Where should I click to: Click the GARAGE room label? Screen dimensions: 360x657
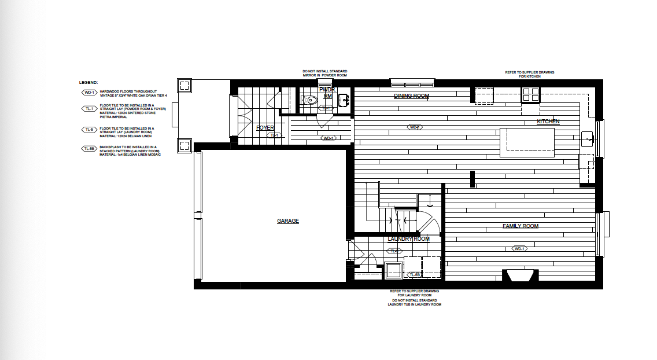pyautogui.click(x=287, y=221)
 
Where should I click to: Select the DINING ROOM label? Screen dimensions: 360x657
pyautogui.click(x=411, y=96)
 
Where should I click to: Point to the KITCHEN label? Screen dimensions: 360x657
pyautogui.click(x=548, y=122)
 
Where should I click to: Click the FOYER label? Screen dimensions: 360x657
pyautogui.click(x=265, y=128)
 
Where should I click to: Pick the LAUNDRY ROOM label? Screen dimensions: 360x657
pyautogui.click(x=408, y=239)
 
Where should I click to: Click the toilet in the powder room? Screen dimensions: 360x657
pyautogui.click(x=312, y=100)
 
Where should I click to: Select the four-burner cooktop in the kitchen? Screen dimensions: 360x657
pyautogui.click(x=531, y=94)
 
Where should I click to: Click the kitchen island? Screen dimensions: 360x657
pyautogui.click(x=527, y=142)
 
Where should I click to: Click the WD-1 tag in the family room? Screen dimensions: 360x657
pyautogui.click(x=519, y=249)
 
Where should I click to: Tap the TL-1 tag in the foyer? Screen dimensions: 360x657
pyautogui.click(x=274, y=135)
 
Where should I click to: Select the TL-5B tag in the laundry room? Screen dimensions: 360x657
pyautogui.click(x=414, y=275)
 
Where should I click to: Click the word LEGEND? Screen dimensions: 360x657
pyautogui.click(x=88, y=83)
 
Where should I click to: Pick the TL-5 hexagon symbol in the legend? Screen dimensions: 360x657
pyautogui.click(x=88, y=130)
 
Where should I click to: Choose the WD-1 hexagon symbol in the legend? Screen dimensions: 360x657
pyautogui.click(x=88, y=92)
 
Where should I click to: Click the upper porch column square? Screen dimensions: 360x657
pyautogui.click(x=184, y=86)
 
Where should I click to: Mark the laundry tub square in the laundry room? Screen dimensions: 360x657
pyautogui.click(x=393, y=270)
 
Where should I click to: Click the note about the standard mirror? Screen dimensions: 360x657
pyautogui.click(x=324, y=74)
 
